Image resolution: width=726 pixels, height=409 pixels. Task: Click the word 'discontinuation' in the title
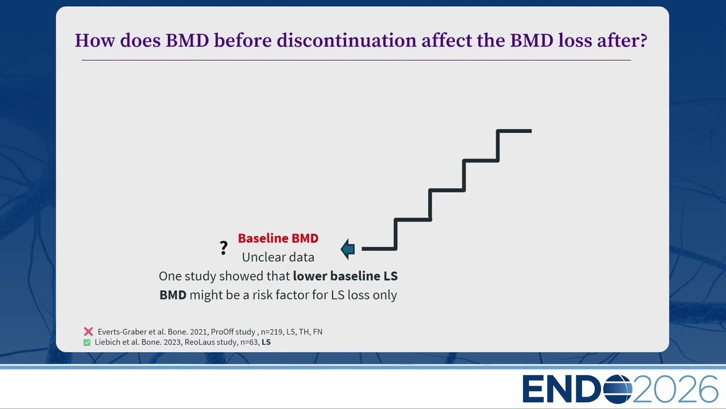[x=347, y=40]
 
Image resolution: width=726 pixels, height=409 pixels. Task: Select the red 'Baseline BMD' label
[x=278, y=238]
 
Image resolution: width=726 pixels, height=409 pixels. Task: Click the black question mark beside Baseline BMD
[x=223, y=248]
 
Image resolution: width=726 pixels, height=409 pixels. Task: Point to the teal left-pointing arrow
[x=348, y=249]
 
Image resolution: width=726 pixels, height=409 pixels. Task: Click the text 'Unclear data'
[x=278, y=257]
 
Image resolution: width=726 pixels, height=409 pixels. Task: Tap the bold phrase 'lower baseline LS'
[x=345, y=276]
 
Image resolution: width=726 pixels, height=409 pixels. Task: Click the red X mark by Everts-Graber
[x=88, y=331]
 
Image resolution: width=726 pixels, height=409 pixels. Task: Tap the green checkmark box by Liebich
[x=87, y=342]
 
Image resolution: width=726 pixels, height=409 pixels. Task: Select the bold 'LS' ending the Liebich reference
[x=266, y=342]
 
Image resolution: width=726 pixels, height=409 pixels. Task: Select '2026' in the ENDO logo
[x=676, y=389]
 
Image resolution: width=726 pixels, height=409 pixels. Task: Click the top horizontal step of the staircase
[x=514, y=131]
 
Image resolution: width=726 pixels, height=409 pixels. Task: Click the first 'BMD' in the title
[x=187, y=40]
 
